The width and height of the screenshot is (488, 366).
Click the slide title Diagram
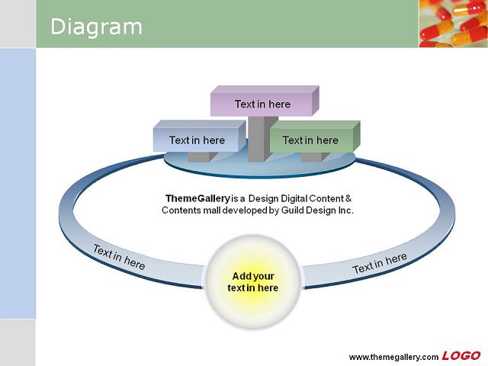[96, 27]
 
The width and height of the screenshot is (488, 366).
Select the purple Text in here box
[265, 101]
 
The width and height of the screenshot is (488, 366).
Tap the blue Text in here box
[200, 136]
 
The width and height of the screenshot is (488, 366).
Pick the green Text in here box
[315, 136]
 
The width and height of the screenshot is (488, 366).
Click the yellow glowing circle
[252, 282]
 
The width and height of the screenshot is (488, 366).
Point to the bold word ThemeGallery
[197, 198]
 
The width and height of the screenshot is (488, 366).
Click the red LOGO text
[461, 356]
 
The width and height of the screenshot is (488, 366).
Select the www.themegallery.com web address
[393, 357]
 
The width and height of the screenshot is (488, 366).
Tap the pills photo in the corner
[454, 24]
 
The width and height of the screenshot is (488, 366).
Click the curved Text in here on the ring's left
[119, 258]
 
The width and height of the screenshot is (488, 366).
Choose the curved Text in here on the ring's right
[380, 263]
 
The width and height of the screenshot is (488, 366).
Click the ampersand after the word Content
[348, 198]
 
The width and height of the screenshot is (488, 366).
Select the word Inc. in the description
[345, 210]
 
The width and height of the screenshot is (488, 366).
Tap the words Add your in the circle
[253, 276]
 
